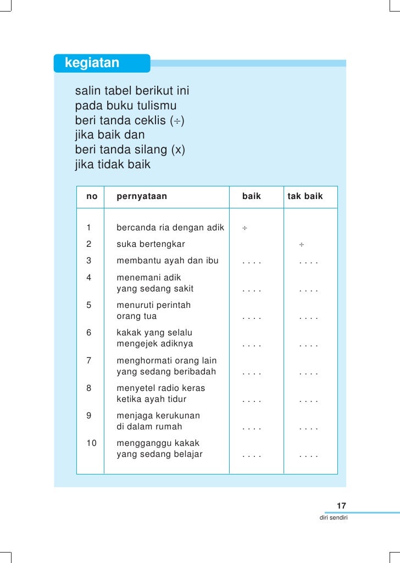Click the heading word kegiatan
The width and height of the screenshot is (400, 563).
click(x=92, y=63)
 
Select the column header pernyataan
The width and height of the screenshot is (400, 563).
click(x=142, y=196)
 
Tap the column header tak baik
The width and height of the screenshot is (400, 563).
click(x=305, y=196)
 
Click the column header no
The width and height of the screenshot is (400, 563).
click(x=92, y=196)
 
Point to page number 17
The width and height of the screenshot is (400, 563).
click(x=341, y=506)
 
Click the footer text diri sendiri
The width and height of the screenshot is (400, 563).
click(x=334, y=518)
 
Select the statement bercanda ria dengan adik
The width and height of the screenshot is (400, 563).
click(x=170, y=228)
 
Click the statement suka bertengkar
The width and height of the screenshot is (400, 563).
click(x=151, y=244)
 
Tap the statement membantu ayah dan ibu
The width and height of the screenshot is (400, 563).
click(x=168, y=261)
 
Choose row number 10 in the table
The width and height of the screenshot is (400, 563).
click(x=92, y=443)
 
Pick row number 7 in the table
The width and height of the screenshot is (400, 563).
click(x=89, y=361)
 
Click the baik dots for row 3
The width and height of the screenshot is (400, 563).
click(x=252, y=262)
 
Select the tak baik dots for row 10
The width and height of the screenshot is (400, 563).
click(x=309, y=456)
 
